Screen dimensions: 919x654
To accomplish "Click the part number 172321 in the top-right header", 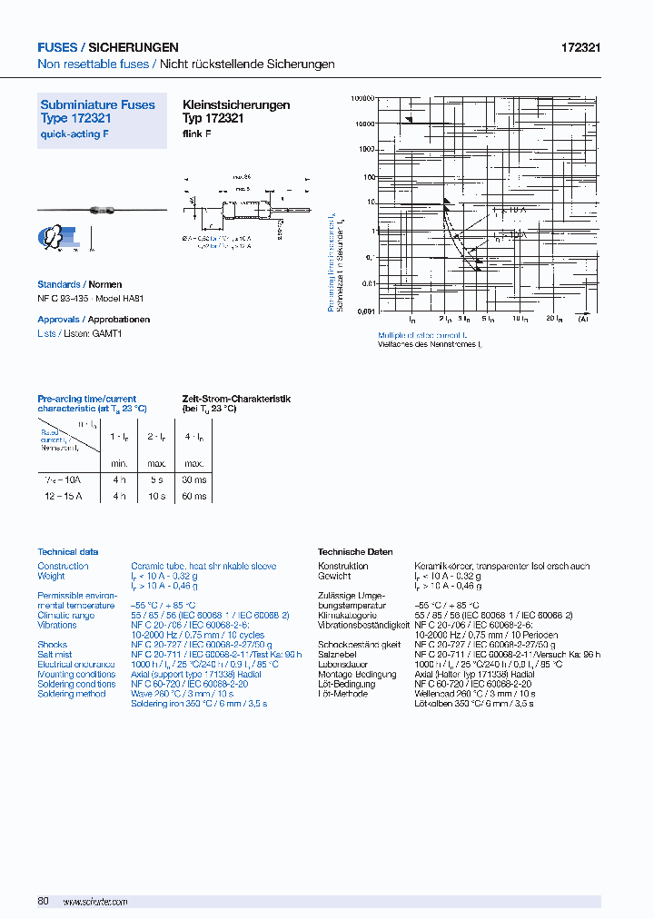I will pos(581,47).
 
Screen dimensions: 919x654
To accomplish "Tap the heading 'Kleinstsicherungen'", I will pos(236,105).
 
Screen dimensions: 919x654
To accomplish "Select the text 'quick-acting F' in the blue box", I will pos(69,134).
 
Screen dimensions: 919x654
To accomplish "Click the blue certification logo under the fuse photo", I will pos(59,238).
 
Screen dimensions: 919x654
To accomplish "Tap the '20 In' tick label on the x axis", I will pos(552,320).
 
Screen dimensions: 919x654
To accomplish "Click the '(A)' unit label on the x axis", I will pos(583,320).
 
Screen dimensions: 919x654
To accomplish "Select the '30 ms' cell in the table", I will pos(193,479).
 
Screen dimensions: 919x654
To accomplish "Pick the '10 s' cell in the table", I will pos(156,497).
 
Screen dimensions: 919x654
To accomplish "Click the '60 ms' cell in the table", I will pos(193,497).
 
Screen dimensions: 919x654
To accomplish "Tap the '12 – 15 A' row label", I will pos(64,497).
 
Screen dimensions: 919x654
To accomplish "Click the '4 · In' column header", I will pos(193,437).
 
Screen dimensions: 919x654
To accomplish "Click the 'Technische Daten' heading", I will pos(355,552).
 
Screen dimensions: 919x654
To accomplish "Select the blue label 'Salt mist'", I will pos(55,655).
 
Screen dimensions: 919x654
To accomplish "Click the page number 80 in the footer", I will pos(43,901).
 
